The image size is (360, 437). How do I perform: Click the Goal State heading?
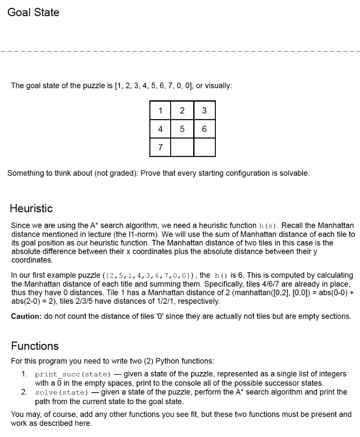tap(33, 12)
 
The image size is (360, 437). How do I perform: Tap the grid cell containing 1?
tap(160, 111)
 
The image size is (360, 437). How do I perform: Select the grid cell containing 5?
tap(182, 129)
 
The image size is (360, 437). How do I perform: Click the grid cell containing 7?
tap(160, 147)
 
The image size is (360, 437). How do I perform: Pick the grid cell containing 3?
tap(204, 111)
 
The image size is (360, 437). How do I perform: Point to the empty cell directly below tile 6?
tap(204, 147)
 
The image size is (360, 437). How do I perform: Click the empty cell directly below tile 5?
tap(182, 147)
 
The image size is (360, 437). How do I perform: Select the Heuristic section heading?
tap(31, 208)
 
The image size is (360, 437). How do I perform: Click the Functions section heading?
tap(35, 346)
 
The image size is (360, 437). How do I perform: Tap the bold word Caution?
tap(26, 316)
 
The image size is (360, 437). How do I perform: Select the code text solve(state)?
tap(61, 392)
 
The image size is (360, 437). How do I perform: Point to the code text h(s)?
tap(269, 225)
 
